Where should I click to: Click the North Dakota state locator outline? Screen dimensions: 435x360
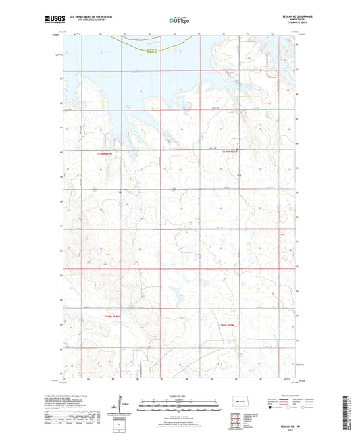pyautogui.click(x=241, y=403)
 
